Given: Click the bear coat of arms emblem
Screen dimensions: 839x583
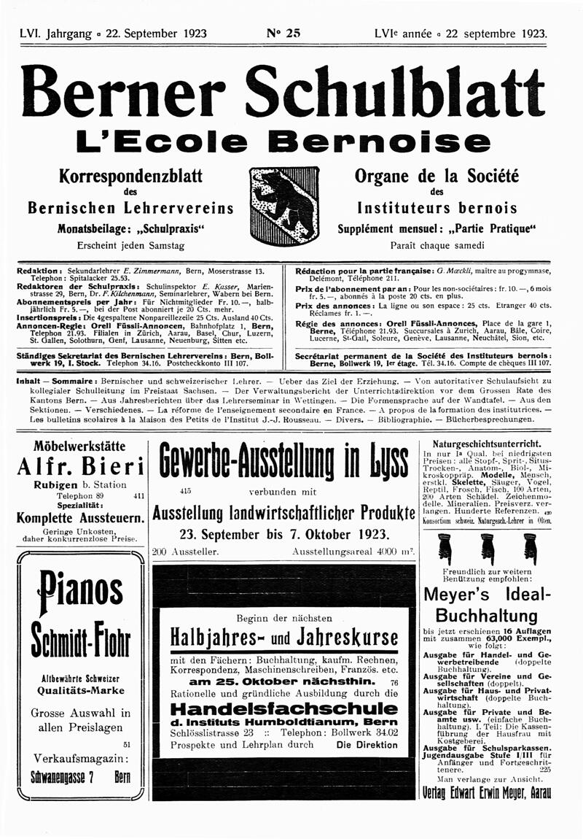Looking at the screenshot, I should pos(284,206).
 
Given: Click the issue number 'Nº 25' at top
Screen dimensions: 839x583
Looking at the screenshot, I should pos(283,33).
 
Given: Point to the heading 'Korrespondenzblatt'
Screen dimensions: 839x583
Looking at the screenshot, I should pos(130,177).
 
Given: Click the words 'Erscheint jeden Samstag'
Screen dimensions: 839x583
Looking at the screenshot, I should pos(130,245).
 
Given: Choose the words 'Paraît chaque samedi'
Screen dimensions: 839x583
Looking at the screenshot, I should pos(437,245).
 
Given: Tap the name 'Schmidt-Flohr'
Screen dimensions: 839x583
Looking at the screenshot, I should pos(80,639).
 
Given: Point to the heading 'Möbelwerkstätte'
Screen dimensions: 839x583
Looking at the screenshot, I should pos(79,446).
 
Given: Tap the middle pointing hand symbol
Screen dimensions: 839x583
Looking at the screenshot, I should pos(486,549).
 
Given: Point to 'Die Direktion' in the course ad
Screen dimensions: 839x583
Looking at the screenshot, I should pos(367,745).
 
